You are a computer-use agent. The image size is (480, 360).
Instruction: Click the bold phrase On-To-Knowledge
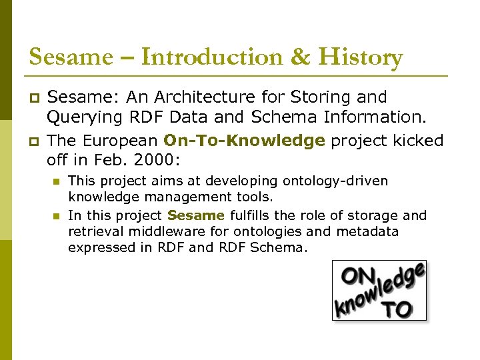(244, 141)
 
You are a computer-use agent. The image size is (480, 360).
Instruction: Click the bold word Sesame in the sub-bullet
(196, 215)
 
